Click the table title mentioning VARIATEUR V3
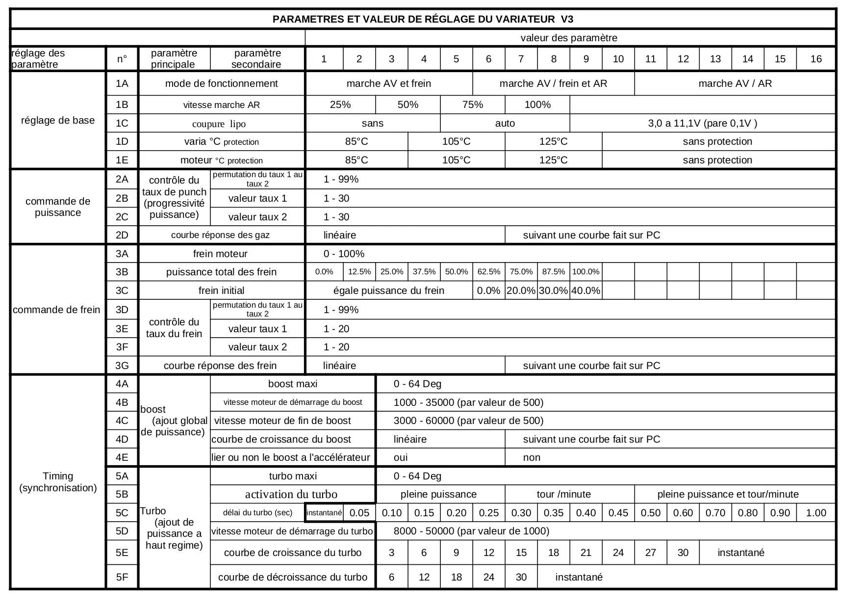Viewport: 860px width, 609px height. (x=423, y=19)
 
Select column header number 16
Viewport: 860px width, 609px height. (x=816, y=59)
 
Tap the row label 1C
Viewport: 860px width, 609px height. (x=122, y=123)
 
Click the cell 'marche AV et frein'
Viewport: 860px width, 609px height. (x=389, y=83)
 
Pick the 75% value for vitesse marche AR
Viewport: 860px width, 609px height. (x=473, y=105)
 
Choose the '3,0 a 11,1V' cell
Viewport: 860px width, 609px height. (x=702, y=123)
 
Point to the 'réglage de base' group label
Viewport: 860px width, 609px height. (x=58, y=120)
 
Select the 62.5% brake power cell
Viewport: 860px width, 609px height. (x=488, y=272)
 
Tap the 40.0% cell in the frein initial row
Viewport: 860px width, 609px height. (x=585, y=291)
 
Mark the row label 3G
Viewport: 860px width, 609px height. (x=122, y=366)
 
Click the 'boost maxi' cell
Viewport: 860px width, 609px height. (x=293, y=384)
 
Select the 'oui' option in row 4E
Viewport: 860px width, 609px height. (x=401, y=457)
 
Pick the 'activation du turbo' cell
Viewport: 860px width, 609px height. (x=291, y=494)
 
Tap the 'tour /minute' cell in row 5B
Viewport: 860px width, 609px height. (x=564, y=494)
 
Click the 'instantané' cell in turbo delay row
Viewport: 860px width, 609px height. (x=324, y=513)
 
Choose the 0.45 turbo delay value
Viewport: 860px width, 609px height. (x=618, y=513)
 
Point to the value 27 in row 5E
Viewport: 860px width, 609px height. (x=650, y=553)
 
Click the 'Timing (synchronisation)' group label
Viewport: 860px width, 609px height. (x=58, y=482)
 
